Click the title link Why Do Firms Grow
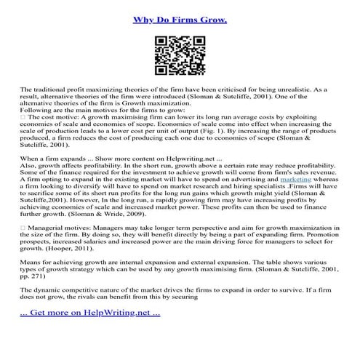[x=180, y=20]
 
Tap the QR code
[x=180, y=57]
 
